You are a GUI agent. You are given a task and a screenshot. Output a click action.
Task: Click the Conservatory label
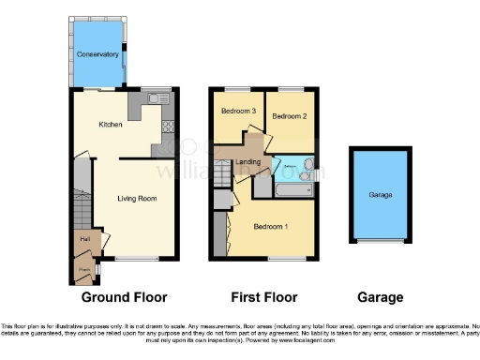point(97,54)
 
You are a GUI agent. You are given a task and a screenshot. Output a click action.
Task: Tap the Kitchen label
point(111,124)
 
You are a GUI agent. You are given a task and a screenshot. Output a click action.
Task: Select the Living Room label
point(136,198)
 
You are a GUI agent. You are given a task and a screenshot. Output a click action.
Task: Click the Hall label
point(85,240)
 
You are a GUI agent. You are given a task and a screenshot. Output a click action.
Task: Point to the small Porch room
point(85,270)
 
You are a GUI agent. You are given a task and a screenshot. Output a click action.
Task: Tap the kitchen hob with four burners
point(169,124)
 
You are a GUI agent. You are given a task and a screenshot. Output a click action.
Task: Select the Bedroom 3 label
point(238,111)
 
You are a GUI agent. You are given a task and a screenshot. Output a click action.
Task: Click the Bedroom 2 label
point(290,115)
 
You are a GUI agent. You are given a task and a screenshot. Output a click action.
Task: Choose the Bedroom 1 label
point(271,226)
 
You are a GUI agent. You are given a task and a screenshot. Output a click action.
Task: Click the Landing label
point(248,162)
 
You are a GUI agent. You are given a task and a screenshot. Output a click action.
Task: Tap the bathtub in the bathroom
point(292,191)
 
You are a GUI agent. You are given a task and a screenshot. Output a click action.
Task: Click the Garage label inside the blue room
point(380,195)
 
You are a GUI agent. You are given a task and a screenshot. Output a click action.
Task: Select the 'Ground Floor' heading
point(124,297)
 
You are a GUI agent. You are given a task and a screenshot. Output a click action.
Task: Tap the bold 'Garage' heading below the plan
point(380,297)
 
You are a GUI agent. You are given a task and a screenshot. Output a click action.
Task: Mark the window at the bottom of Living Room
point(136,258)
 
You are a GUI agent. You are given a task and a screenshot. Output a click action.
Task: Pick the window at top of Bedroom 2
point(291,89)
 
